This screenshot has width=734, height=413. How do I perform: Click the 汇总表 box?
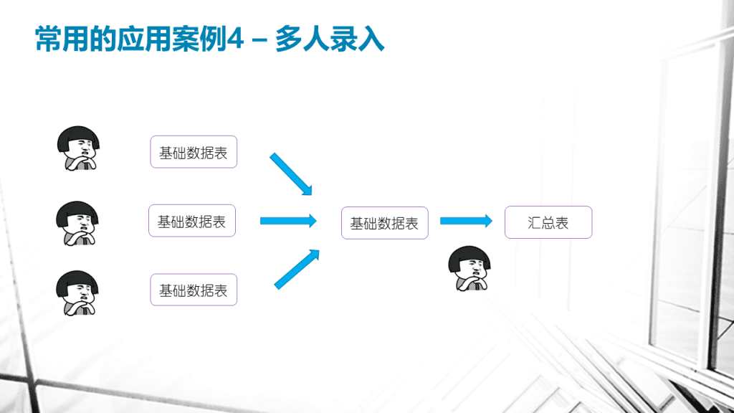(x=548, y=222)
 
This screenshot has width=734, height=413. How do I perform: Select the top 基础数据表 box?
(x=194, y=152)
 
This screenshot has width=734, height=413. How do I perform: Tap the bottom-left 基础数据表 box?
(x=194, y=290)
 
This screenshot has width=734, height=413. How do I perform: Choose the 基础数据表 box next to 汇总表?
(x=385, y=223)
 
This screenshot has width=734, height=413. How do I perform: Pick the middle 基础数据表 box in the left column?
(x=192, y=221)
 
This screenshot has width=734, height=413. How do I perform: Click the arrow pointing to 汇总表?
(x=466, y=221)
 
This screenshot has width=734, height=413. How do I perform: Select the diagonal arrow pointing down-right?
(x=291, y=174)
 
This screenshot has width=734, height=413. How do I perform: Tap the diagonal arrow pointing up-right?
(x=297, y=270)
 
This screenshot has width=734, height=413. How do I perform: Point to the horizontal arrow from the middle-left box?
(x=288, y=221)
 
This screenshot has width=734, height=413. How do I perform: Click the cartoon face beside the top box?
(x=78, y=148)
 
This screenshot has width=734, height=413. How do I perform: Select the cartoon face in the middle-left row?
(x=77, y=224)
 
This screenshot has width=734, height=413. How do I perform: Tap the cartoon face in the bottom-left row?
(x=77, y=293)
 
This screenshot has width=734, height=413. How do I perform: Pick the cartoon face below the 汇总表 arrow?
(x=470, y=268)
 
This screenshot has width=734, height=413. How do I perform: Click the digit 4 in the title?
(x=235, y=39)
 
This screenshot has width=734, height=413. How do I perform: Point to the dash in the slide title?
(x=259, y=40)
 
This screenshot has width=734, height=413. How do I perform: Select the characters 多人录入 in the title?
(x=330, y=39)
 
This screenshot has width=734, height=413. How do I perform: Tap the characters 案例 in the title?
(x=199, y=39)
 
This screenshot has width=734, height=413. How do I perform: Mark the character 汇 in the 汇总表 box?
(x=534, y=223)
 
